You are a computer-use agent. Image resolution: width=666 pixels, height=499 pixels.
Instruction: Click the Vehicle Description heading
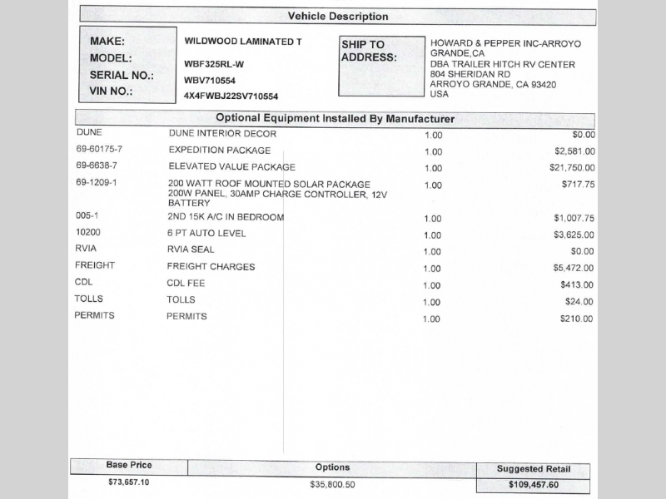coord(337,17)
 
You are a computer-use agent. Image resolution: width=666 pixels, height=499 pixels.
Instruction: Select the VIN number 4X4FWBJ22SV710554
coord(231,96)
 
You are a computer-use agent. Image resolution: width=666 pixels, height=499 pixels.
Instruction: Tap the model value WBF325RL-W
coord(214,63)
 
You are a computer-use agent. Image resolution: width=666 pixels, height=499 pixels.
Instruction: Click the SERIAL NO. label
coord(122,75)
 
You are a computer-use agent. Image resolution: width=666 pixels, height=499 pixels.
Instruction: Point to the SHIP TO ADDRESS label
coord(368,52)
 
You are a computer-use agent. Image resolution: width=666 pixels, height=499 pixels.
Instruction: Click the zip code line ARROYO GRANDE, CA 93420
coord(493,85)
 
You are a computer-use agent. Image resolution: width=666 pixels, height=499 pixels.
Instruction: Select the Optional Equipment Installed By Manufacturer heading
coord(335,119)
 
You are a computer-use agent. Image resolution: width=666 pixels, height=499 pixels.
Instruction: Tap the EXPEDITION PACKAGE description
coord(219,151)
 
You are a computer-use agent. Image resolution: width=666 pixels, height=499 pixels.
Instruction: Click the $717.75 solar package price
coord(578,185)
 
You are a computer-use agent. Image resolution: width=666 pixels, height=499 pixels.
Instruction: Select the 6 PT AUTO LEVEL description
coord(206,234)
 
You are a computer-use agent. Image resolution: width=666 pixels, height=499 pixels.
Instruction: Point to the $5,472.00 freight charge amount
coord(574,269)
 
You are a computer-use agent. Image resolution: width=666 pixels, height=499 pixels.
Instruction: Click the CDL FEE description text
coord(186,284)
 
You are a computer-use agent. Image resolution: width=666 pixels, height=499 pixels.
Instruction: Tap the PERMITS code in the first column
coord(94,316)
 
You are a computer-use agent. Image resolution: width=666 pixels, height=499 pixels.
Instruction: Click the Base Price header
coord(129,466)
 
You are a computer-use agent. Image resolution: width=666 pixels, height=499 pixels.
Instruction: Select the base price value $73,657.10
coord(129,482)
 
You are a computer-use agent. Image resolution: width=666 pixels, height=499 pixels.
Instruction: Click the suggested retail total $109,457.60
coord(534,484)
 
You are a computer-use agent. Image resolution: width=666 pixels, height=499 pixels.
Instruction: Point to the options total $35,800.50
coord(332,484)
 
